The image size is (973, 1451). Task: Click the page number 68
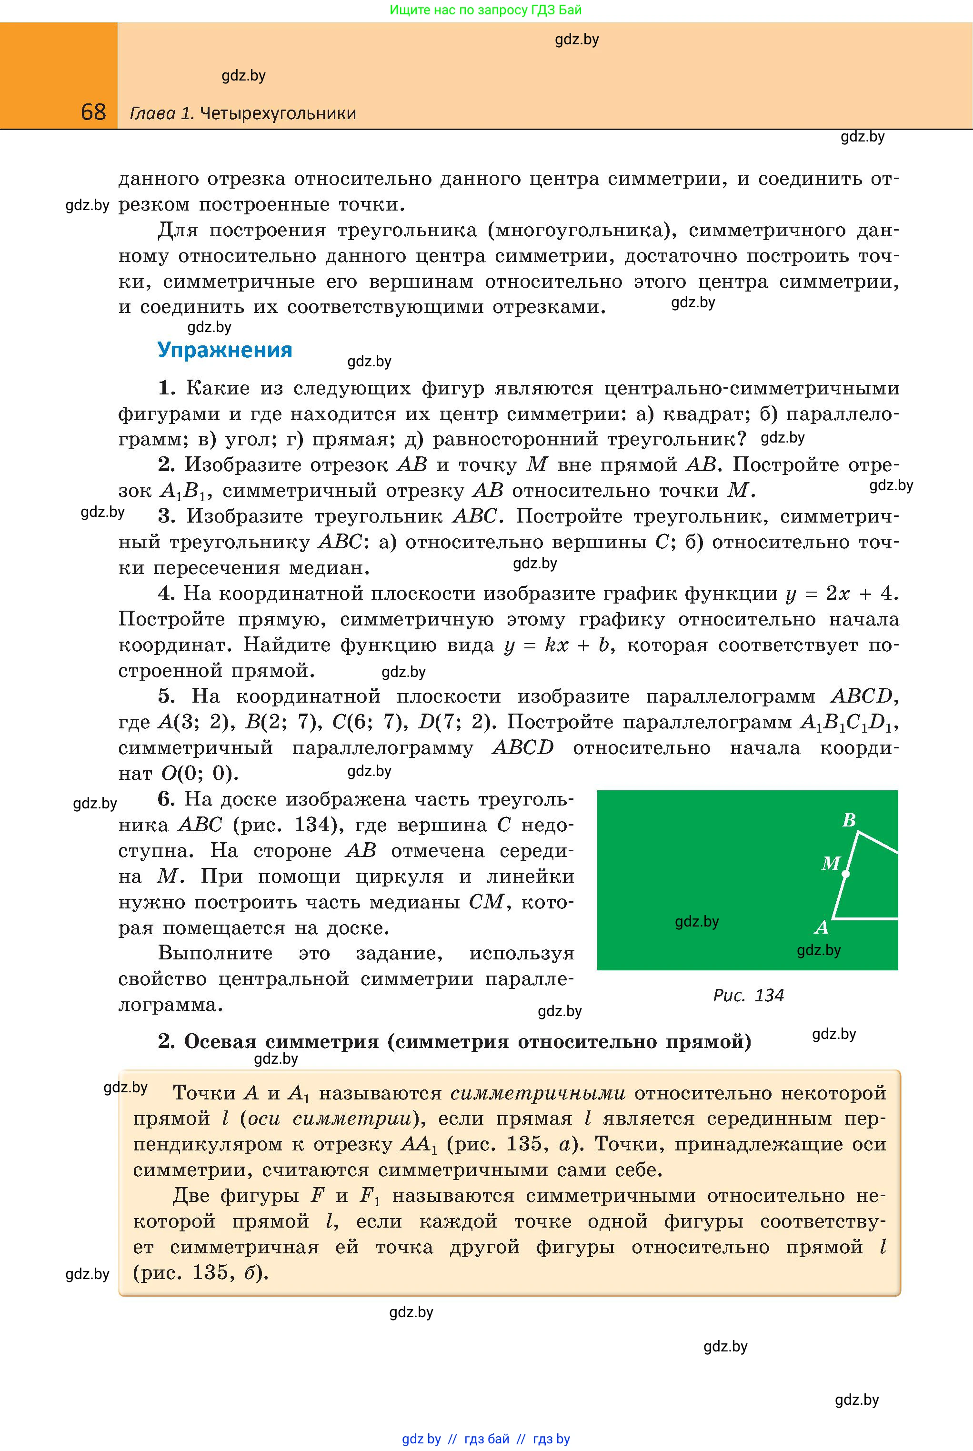93,112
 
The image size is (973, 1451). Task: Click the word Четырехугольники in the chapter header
278,113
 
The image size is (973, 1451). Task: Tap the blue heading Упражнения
225,350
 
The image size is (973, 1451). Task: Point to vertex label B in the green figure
849,820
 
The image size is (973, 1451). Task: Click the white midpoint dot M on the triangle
846,874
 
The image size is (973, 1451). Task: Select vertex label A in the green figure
822,927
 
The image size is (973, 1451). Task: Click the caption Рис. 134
748,996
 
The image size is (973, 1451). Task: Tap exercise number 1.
166,389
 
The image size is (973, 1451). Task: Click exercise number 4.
166,594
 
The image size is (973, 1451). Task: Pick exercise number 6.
166,799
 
